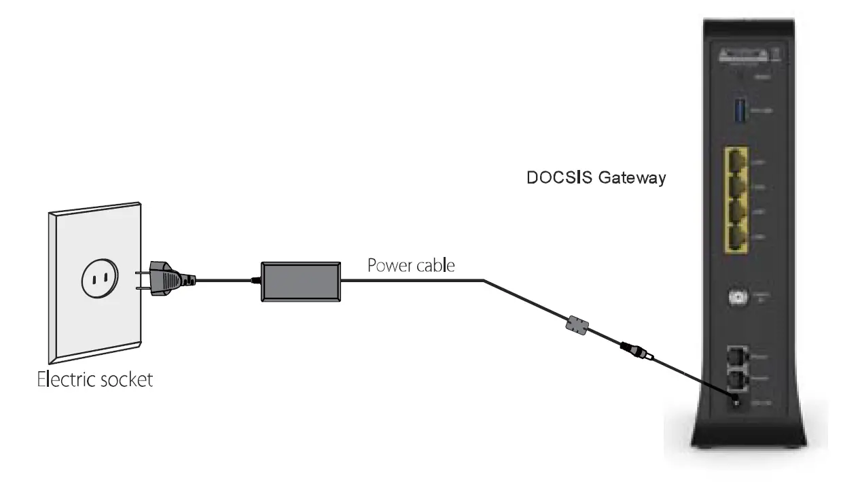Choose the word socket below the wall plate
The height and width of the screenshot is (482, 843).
click(x=128, y=379)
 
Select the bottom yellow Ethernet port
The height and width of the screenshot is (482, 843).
click(x=737, y=238)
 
